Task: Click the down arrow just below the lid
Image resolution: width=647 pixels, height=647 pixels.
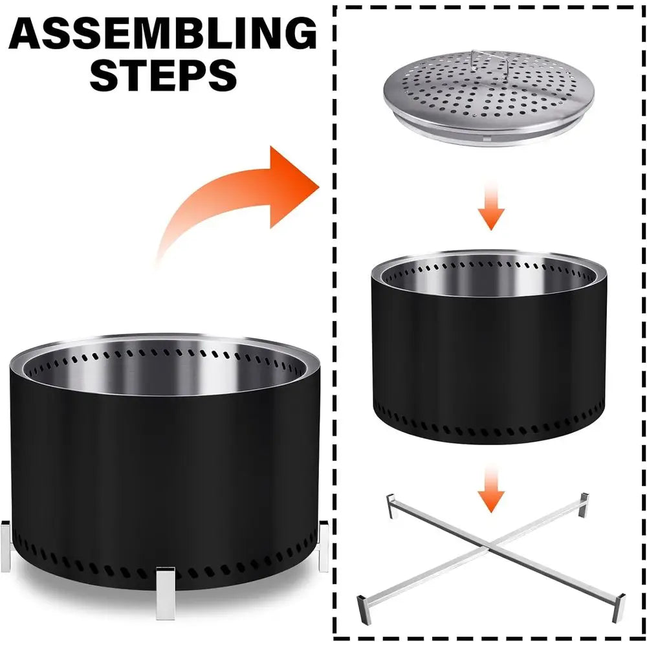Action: (x=493, y=207)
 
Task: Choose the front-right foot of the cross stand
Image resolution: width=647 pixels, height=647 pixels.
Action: (x=619, y=606)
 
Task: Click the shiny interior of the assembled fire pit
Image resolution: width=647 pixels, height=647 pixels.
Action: (x=162, y=372)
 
